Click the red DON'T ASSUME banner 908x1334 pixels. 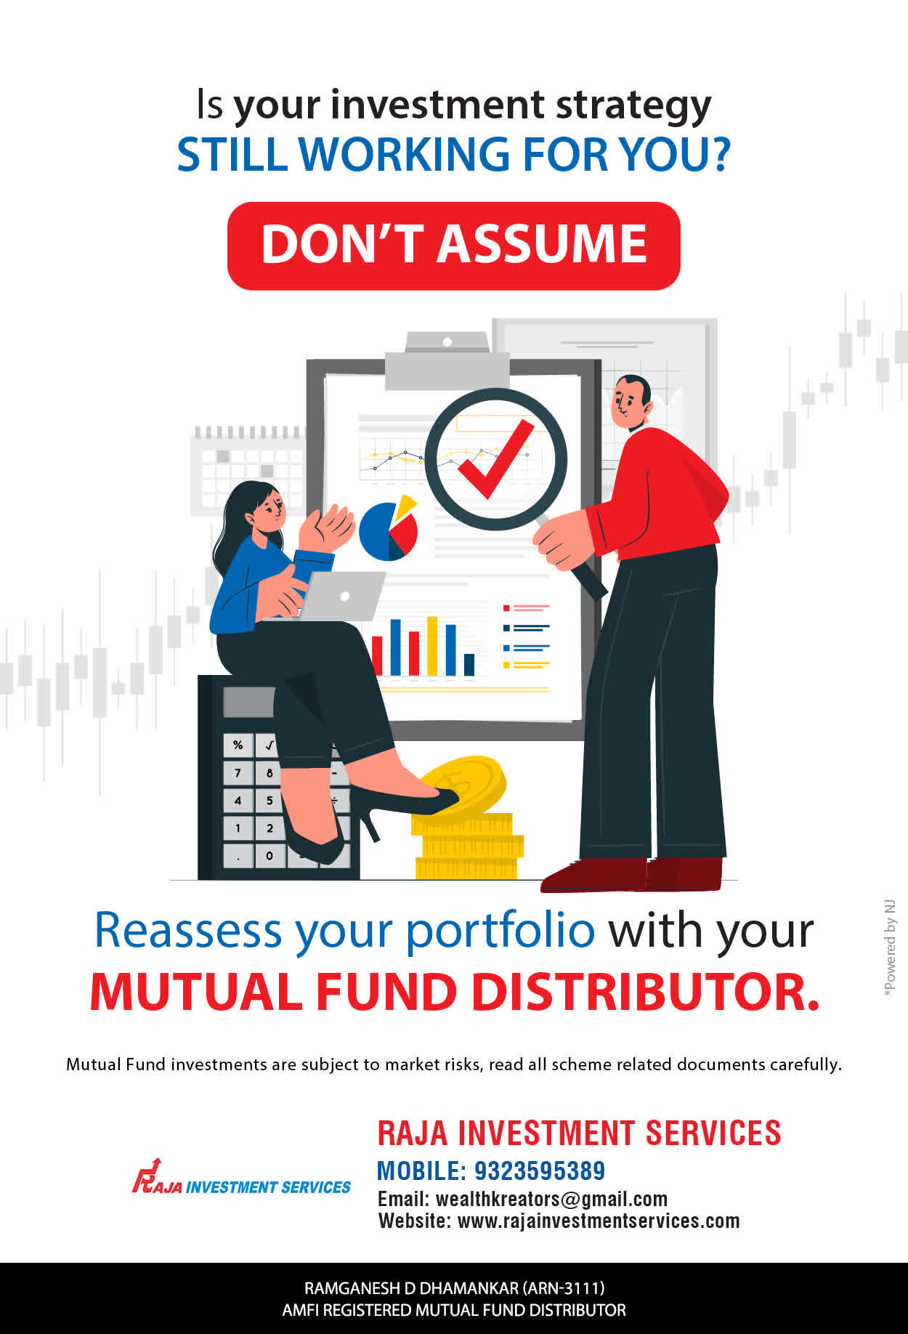click(454, 246)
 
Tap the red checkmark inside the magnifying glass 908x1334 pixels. click(494, 461)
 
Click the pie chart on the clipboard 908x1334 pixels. click(389, 528)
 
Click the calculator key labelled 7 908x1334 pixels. click(238, 772)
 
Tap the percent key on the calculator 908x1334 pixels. click(238, 745)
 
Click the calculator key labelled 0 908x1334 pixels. click(269, 855)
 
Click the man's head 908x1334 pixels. click(631, 403)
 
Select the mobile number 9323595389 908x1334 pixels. click(540, 1171)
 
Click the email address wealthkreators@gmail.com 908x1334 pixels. click(551, 1199)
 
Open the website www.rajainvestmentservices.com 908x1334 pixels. click(599, 1221)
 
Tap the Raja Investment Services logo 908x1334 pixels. click(241, 1177)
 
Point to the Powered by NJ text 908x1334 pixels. click(890, 948)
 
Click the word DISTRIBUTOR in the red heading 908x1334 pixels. click(646, 992)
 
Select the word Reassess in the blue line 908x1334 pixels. click(188, 930)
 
